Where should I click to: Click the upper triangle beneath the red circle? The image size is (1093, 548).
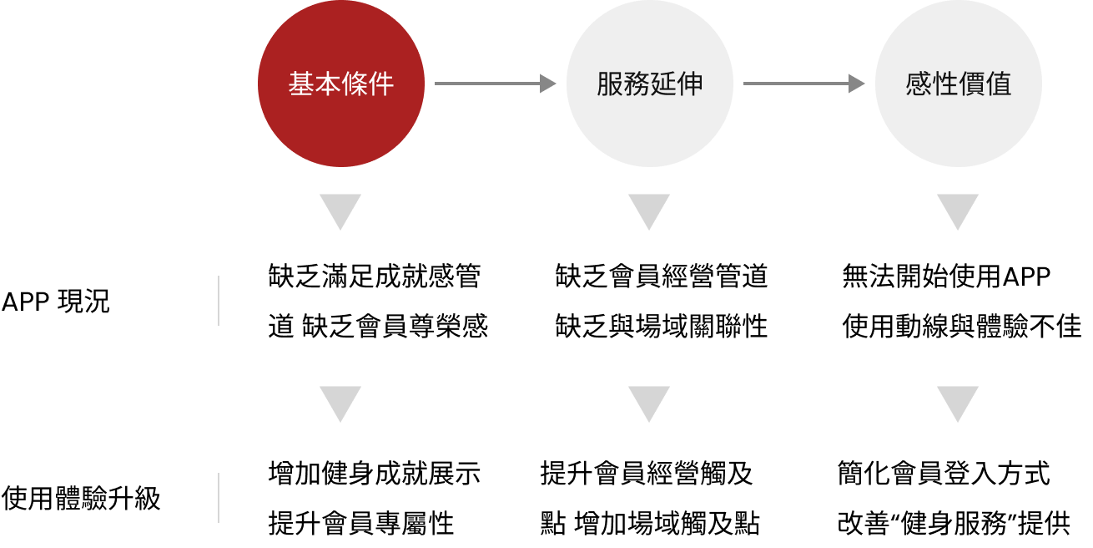(x=340, y=210)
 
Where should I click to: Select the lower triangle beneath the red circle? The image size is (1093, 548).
(x=340, y=402)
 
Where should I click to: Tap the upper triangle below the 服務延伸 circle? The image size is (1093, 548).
(x=649, y=210)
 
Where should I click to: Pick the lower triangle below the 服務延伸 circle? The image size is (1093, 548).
(x=649, y=402)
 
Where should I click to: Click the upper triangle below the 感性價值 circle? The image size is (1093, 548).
(x=958, y=210)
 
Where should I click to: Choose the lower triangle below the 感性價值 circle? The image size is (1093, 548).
(x=958, y=402)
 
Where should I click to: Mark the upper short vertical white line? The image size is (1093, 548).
(x=219, y=301)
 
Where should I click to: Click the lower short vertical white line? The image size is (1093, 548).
(x=219, y=498)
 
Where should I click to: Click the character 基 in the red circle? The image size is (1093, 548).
(x=301, y=84)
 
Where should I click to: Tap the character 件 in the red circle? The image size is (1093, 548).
(x=381, y=84)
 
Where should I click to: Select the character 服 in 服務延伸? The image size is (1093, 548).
(x=610, y=84)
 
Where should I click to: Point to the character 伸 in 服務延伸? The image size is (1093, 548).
(x=690, y=84)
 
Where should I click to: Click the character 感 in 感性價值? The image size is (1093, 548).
(x=919, y=84)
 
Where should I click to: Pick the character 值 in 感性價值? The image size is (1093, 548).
(x=999, y=84)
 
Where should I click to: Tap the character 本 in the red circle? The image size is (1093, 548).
(x=328, y=84)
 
